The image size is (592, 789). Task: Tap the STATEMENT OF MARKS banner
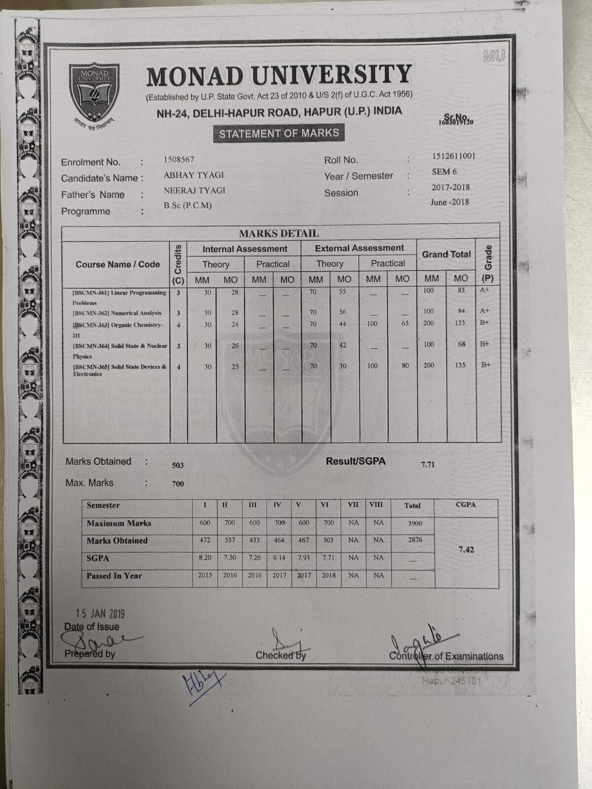pos(279,133)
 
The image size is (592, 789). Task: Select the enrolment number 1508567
pos(179,159)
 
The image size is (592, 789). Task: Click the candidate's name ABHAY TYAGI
pos(193,175)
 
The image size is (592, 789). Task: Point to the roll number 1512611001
pos(453,156)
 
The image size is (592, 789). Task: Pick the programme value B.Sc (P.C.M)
pos(187,206)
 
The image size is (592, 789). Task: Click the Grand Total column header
pos(446,254)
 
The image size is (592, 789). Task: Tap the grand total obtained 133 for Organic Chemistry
pos(460,323)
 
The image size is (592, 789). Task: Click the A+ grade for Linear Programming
pos(484,290)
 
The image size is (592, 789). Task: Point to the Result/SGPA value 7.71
pos(428,465)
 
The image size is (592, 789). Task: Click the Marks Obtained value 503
pos(178,465)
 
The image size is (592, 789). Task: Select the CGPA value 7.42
pos(466,549)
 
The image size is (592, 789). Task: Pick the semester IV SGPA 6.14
pos(279,558)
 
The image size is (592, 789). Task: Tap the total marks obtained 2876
pos(414,540)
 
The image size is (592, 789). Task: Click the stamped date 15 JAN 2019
pos(100,614)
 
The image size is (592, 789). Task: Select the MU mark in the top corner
pos(494,56)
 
